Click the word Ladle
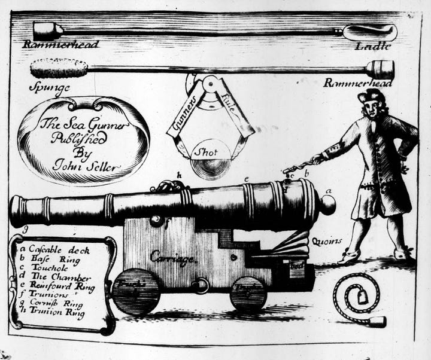pyautogui.click(x=375, y=46)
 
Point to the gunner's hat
pyautogui.click(x=371, y=96)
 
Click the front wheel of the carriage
pyautogui.click(x=136, y=292)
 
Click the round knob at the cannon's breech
pyautogui.click(x=326, y=205)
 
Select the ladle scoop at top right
pyautogui.click(x=370, y=32)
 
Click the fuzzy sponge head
pyautogui.click(x=59, y=69)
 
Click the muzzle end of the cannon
pyautogui.click(x=17, y=210)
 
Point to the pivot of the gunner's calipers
pyautogui.click(x=209, y=86)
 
